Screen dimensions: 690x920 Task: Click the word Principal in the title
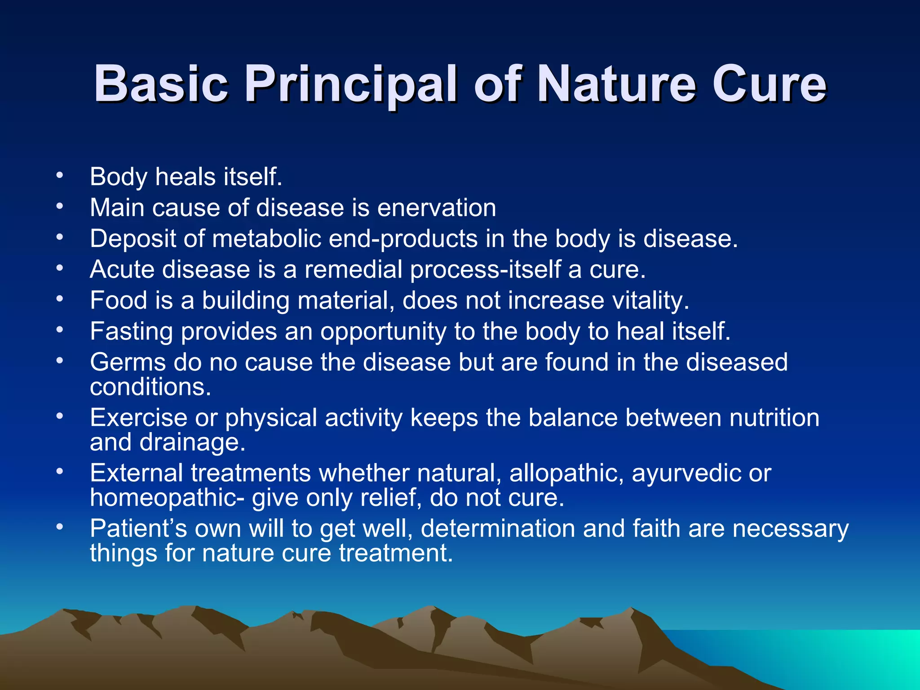(x=351, y=84)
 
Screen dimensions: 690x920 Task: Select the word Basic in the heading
(x=161, y=84)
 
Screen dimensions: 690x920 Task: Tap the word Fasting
(x=131, y=332)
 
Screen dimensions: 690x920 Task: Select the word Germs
(x=128, y=362)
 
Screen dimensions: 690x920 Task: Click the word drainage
(x=192, y=442)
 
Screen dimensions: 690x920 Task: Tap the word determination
(x=498, y=528)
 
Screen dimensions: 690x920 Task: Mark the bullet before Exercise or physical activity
(x=60, y=417)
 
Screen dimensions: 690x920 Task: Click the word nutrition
(x=774, y=418)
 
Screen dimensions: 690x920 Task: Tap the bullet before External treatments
(x=60, y=473)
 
